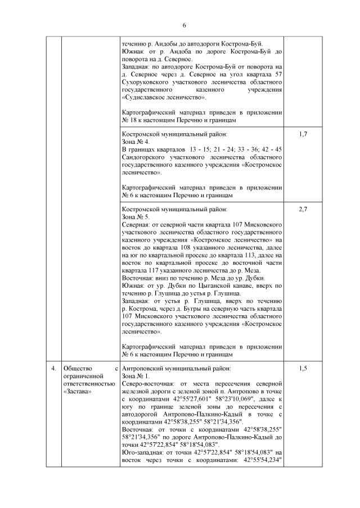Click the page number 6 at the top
[183, 25]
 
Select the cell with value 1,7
[303, 135]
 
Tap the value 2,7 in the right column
[303, 209]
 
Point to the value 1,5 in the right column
[303, 369]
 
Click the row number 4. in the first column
[53, 369]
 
